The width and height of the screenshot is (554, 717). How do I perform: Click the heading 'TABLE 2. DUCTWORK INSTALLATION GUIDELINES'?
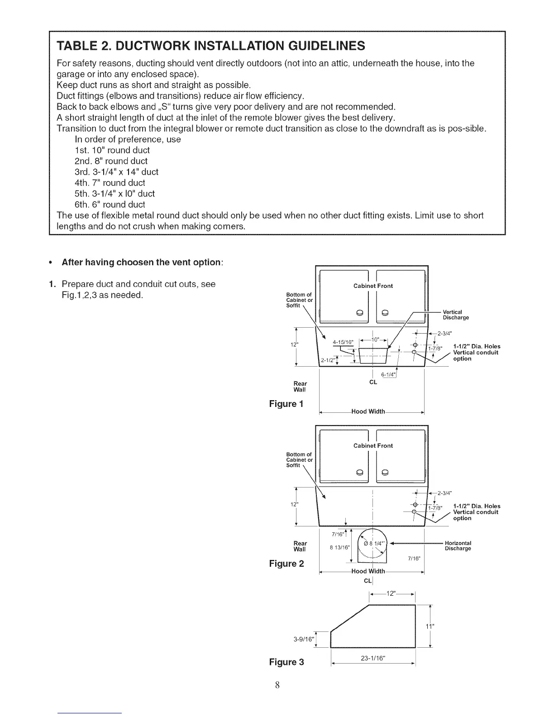[x=211, y=46]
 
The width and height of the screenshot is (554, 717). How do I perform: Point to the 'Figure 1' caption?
[x=286, y=403]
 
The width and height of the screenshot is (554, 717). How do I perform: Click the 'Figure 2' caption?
[x=287, y=564]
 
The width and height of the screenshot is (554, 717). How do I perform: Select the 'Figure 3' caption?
[x=287, y=662]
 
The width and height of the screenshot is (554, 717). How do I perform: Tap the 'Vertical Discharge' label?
[x=455, y=315]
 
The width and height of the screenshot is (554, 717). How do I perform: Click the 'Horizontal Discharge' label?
[x=458, y=545]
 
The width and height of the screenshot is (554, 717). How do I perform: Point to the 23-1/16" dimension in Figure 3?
[x=373, y=659]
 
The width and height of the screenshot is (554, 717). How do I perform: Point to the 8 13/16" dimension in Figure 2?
[x=341, y=547]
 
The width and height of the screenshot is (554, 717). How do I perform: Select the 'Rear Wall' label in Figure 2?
[x=300, y=546]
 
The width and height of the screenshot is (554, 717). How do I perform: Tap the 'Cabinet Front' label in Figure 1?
[x=373, y=286]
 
